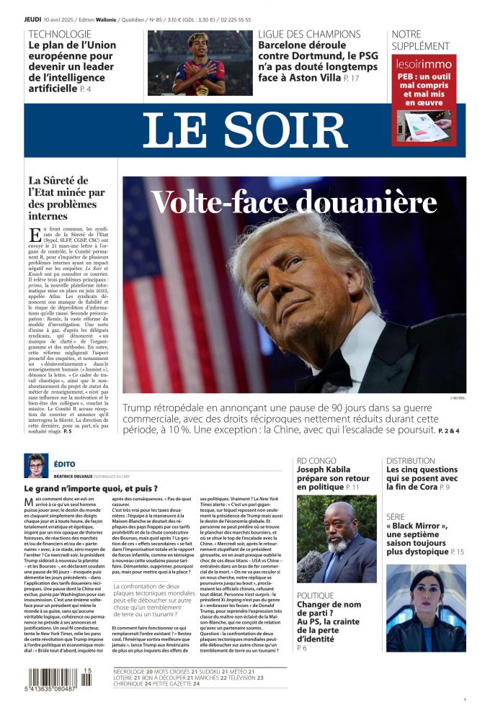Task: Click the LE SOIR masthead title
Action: tap(245, 130)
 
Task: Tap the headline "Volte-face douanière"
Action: tap(294, 202)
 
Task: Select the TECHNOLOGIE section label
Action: tap(60, 34)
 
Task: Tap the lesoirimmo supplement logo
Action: tap(424, 64)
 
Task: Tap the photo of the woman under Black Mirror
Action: tap(425, 608)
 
